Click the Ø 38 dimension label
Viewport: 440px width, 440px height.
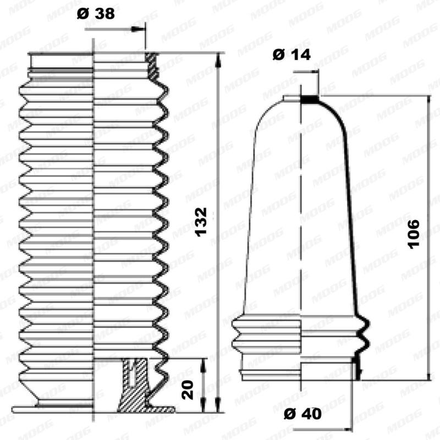coord(96,14)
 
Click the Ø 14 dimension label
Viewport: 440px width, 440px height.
coord(291,54)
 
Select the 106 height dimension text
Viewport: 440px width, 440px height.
coord(414,234)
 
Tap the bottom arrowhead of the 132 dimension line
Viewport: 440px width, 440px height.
coord(219,407)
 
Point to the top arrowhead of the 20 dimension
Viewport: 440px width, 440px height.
coord(203,363)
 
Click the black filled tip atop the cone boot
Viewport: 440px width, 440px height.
coord(311,100)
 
